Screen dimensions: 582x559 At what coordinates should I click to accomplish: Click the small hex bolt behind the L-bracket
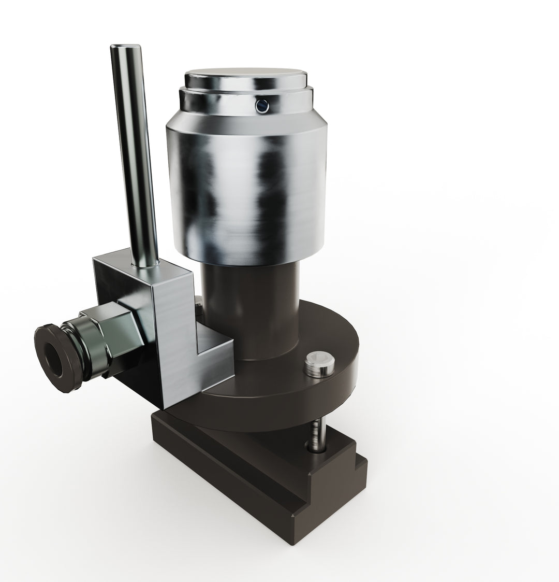coord(198,303)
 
